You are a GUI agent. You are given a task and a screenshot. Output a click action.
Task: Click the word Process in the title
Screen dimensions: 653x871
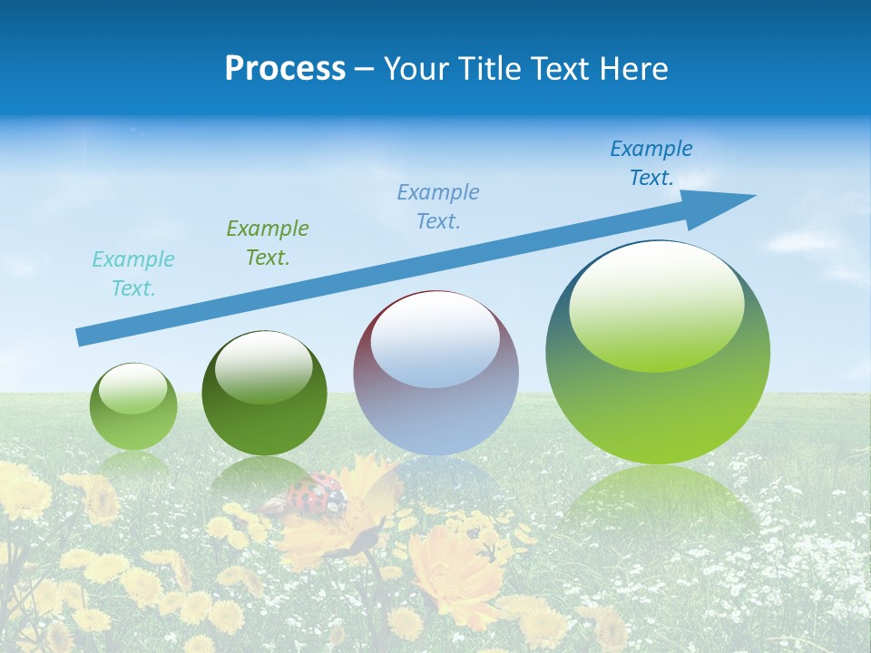coord(285,69)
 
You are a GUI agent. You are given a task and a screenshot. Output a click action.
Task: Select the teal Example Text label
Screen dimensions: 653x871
coord(133,274)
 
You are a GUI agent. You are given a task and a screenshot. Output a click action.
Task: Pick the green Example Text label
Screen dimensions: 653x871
coord(268,242)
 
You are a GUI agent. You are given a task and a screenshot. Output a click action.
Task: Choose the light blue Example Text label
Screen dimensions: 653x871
coord(438,206)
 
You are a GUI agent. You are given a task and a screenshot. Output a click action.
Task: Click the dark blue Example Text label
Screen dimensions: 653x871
coord(651,163)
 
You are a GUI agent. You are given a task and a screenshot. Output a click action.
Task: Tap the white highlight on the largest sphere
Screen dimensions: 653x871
coord(656,304)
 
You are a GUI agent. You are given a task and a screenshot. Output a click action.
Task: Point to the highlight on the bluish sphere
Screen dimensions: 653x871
coord(435,340)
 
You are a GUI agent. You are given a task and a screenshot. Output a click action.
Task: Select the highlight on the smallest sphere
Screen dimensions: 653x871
coord(133,388)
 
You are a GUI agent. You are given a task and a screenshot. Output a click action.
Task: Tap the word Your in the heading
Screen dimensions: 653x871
coord(414,69)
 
